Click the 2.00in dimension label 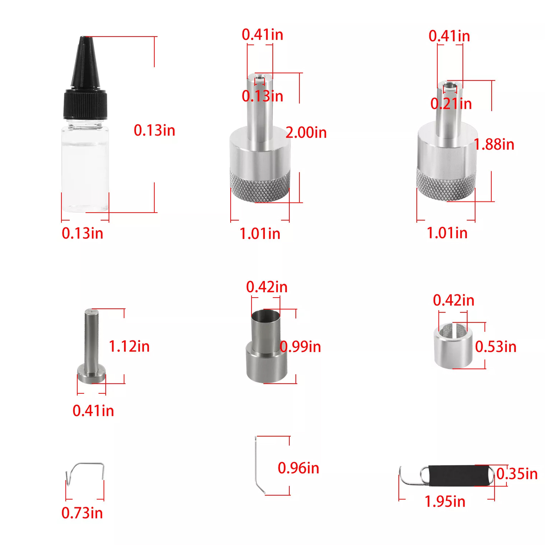point(306,133)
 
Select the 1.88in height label point(494,144)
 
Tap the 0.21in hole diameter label point(451,104)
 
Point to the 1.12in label point(129,346)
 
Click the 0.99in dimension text point(300,346)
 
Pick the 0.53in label point(496,346)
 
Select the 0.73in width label point(82,513)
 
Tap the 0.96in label point(299,468)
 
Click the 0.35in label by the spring point(517,474)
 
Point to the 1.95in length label point(445,502)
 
